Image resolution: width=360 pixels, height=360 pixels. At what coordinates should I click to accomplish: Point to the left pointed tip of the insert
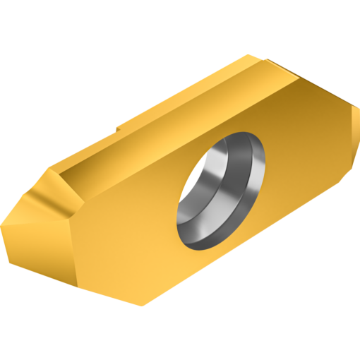click(x=3, y=223)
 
